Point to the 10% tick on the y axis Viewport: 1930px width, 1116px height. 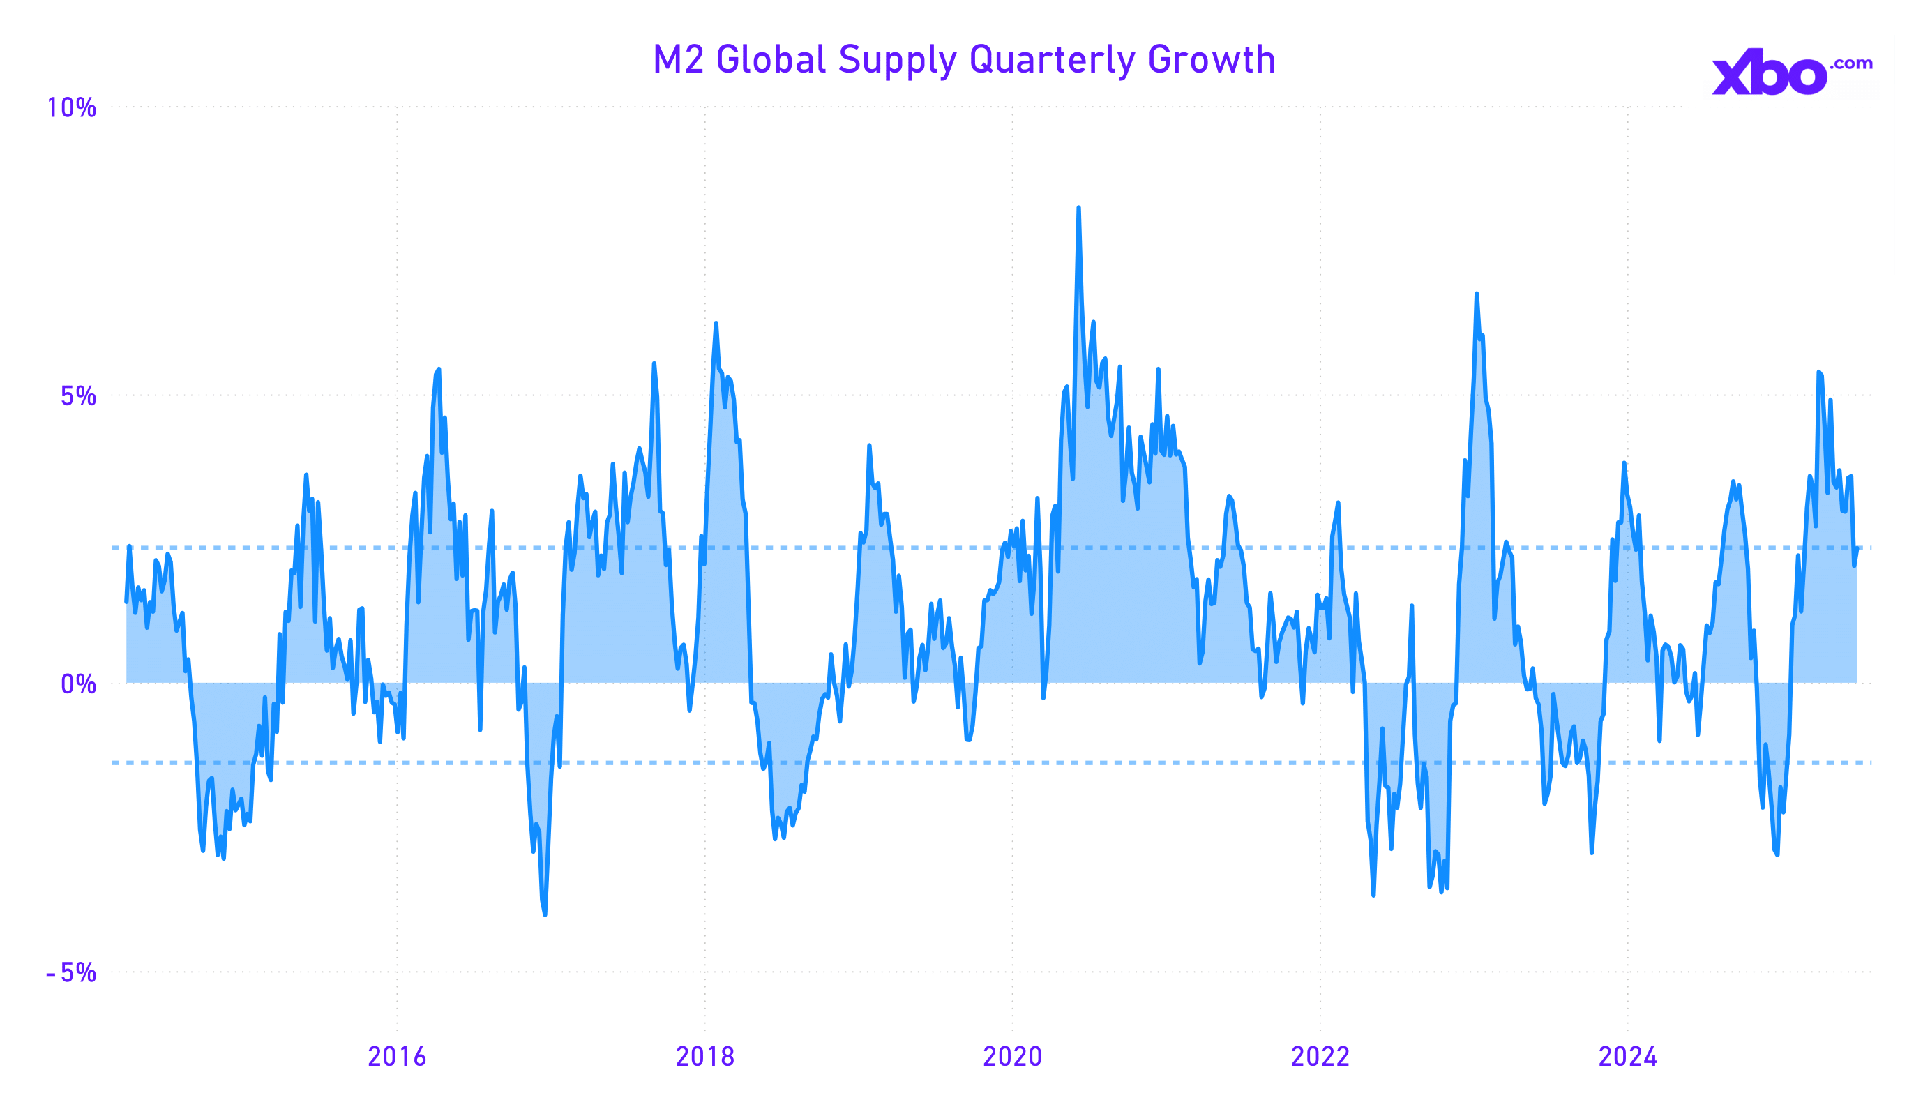click(72, 108)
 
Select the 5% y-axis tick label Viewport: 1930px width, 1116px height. click(78, 396)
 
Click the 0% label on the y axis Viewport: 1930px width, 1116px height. click(78, 684)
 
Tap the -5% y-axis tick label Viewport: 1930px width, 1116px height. click(71, 973)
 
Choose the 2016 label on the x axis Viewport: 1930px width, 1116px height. click(397, 1057)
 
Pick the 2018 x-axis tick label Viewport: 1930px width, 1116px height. click(704, 1057)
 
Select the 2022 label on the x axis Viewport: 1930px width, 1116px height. click(1320, 1057)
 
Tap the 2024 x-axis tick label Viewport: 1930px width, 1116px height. click(1628, 1057)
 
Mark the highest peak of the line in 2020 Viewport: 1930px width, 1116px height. click(1078, 209)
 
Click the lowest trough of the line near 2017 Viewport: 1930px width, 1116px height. click(545, 914)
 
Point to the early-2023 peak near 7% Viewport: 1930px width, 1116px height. click(1477, 294)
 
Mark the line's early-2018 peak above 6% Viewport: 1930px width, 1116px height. click(716, 324)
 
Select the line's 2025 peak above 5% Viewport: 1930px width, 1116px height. click(1818, 372)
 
